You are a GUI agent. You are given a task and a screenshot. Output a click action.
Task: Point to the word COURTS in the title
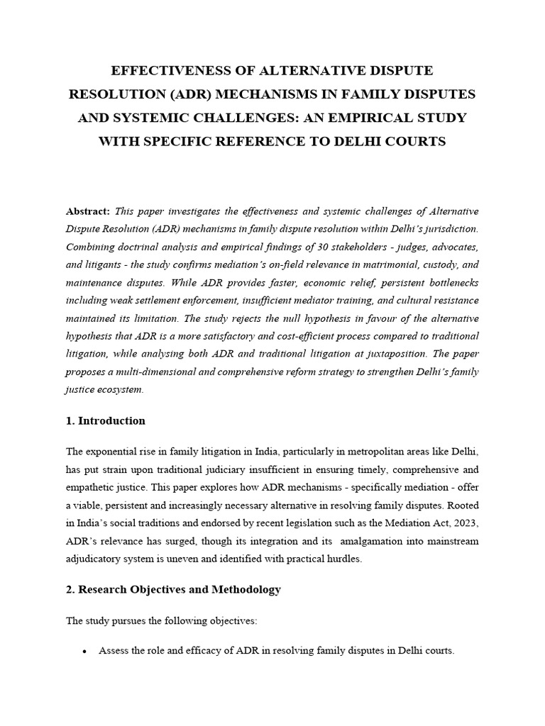click(x=414, y=141)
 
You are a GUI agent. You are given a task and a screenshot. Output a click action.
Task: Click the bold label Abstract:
click(x=88, y=211)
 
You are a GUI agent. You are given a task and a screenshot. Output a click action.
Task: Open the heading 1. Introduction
click(x=106, y=420)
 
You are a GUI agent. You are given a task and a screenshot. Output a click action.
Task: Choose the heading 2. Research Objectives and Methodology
click(x=174, y=589)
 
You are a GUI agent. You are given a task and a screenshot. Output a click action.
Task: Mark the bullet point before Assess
click(x=85, y=651)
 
